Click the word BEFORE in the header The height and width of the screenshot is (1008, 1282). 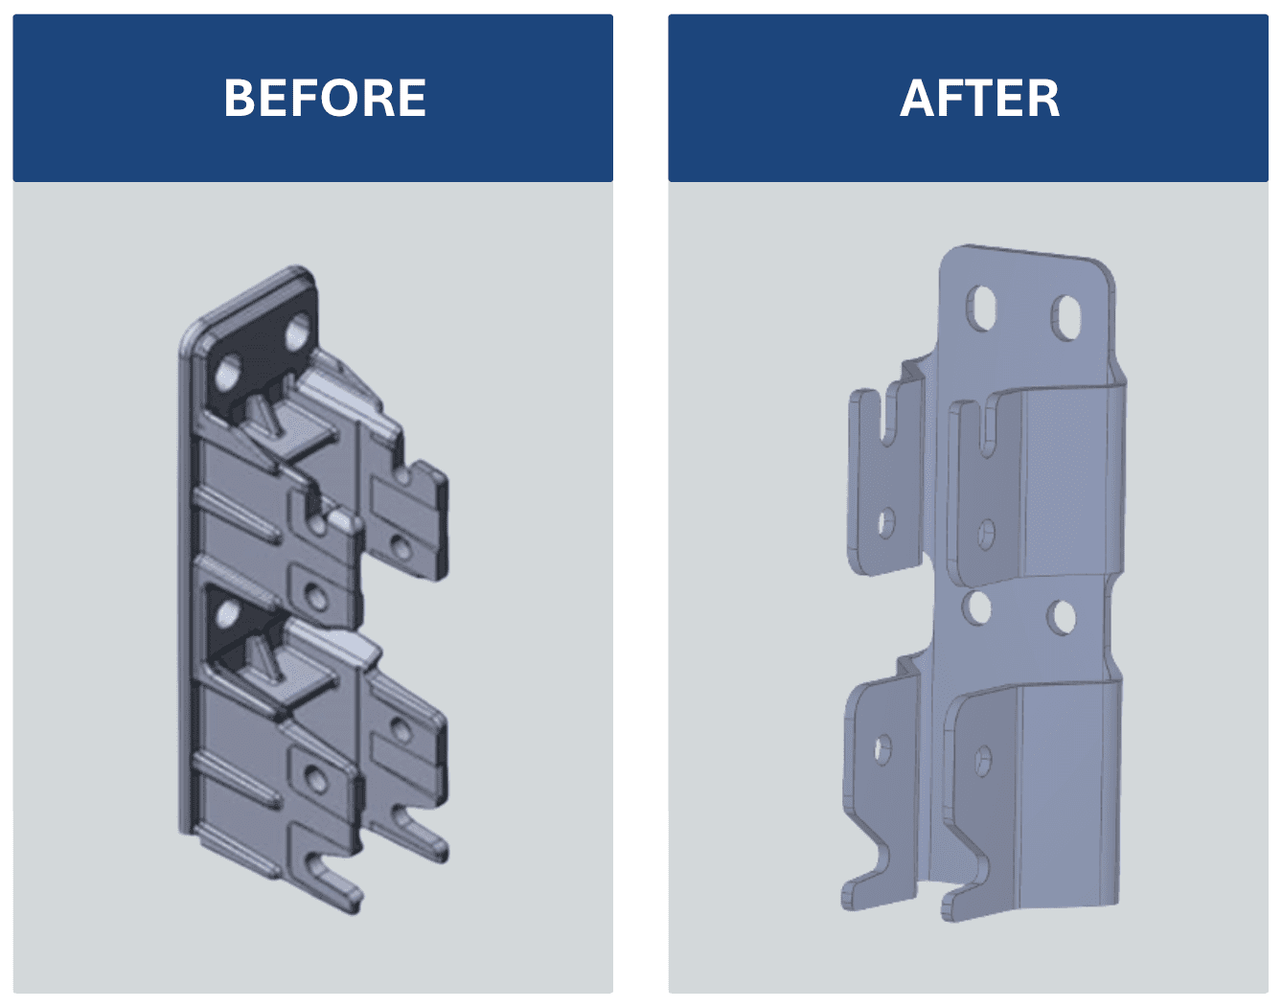pos(325,98)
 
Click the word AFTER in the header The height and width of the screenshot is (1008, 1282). pos(979,98)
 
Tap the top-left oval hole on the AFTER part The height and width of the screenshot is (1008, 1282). pos(981,308)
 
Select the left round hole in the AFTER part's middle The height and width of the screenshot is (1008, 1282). pos(976,607)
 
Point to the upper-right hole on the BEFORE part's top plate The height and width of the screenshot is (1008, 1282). pos(298,332)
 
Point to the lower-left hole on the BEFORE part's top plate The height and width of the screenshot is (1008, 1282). pos(228,373)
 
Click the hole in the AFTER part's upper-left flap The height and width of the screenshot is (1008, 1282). pos(886,523)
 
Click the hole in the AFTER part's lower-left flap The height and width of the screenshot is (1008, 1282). pos(882,749)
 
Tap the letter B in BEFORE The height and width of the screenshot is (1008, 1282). pos(239,98)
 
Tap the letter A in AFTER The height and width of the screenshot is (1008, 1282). pos(917,98)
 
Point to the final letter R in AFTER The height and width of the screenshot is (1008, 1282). pos(1044,98)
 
